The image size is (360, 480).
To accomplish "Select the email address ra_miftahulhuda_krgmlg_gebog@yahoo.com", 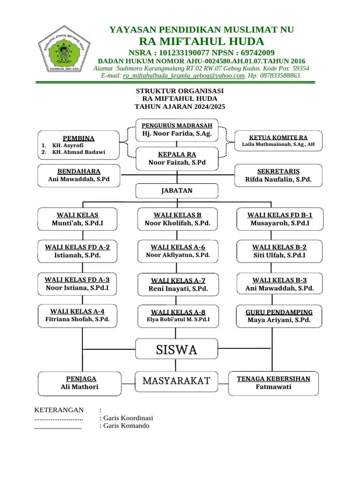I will point(184,75).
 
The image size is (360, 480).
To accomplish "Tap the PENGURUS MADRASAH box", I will point(177,130).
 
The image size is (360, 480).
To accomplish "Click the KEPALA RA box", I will point(177,158).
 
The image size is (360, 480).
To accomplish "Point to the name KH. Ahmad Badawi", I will point(79,152).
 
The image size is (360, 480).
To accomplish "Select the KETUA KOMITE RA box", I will point(278,141).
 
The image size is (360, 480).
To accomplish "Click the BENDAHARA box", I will point(79,175).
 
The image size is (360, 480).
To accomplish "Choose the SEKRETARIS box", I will point(278,175).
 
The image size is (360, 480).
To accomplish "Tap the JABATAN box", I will point(177,191).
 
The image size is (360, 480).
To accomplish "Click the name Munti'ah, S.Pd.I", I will point(77,223).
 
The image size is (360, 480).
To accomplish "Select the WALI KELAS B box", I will point(177,219).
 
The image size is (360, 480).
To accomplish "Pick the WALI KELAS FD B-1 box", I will point(279,219).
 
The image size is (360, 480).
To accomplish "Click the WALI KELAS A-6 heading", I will point(177,247).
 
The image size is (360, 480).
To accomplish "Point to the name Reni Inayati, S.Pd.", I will point(178,289).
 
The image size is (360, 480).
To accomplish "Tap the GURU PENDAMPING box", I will point(279,316).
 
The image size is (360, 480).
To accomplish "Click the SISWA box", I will point(177,349).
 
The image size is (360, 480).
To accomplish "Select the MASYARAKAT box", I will point(176,381).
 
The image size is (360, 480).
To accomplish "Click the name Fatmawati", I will point(273,387).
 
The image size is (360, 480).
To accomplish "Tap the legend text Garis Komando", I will point(126,426).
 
